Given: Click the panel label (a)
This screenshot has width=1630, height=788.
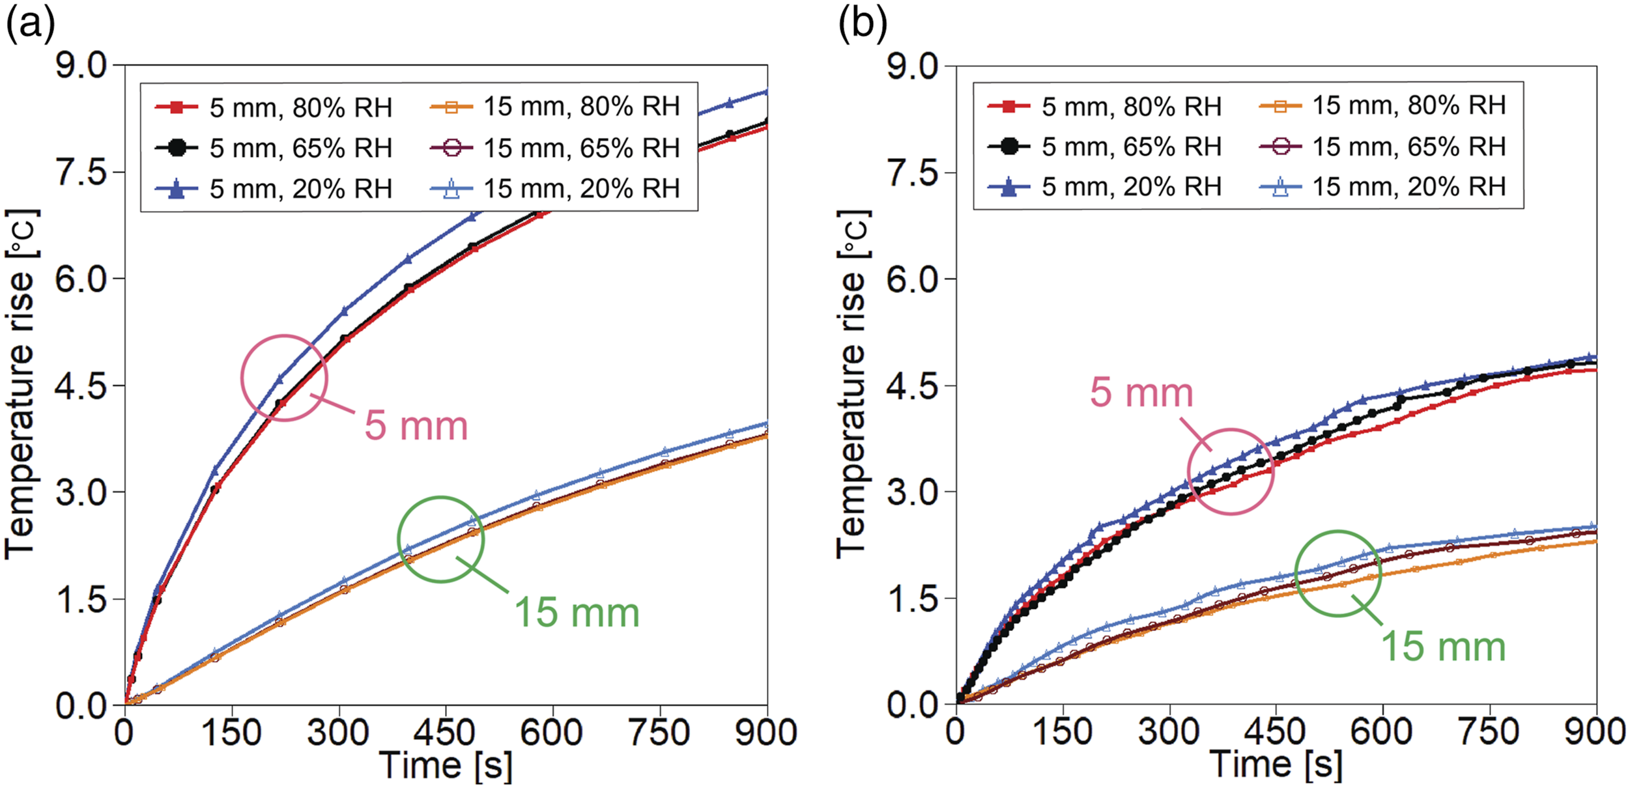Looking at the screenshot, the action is pyautogui.click(x=30, y=26).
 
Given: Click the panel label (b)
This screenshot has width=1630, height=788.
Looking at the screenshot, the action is pyautogui.click(x=863, y=26).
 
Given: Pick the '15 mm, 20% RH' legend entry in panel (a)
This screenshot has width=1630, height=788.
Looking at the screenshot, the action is pyautogui.click(x=555, y=189).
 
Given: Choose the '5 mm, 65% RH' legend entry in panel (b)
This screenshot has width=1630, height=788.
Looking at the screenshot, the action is pyautogui.click(x=1105, y=147).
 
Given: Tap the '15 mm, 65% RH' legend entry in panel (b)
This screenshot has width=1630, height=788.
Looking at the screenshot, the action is pyautogui.click(x=1382, y=147).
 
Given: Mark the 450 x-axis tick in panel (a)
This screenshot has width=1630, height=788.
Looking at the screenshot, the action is pyautogui.click(x=446, y=733).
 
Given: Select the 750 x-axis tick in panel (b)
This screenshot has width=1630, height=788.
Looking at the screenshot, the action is pyautogui.click(x=1490, y=733).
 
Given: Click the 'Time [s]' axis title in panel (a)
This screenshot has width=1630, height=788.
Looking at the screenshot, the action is pyautogui.click(x=446, y=765).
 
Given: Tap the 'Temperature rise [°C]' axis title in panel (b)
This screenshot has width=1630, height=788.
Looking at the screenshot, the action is pyautogui.click(x=853, y=384).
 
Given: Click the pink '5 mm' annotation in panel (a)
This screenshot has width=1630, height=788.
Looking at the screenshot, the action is pyautogui.click(x=416, y=426).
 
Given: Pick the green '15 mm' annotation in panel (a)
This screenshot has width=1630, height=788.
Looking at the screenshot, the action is pyautogui.click(x=577, y=613).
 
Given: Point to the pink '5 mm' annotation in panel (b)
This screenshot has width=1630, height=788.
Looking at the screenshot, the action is pyautogui.click(x=1141, y=393).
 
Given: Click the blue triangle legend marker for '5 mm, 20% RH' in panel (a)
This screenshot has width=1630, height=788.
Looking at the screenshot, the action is pyautogui.click(x=176, y=190).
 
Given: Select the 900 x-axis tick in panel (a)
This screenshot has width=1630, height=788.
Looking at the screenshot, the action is pyautogui.click(x=766, y=733).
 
